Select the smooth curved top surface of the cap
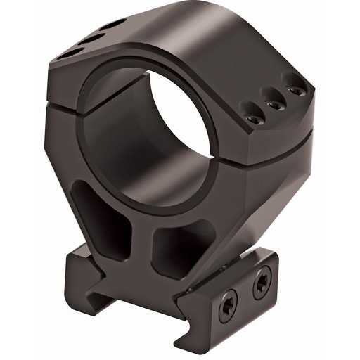[x=211, y=42]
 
